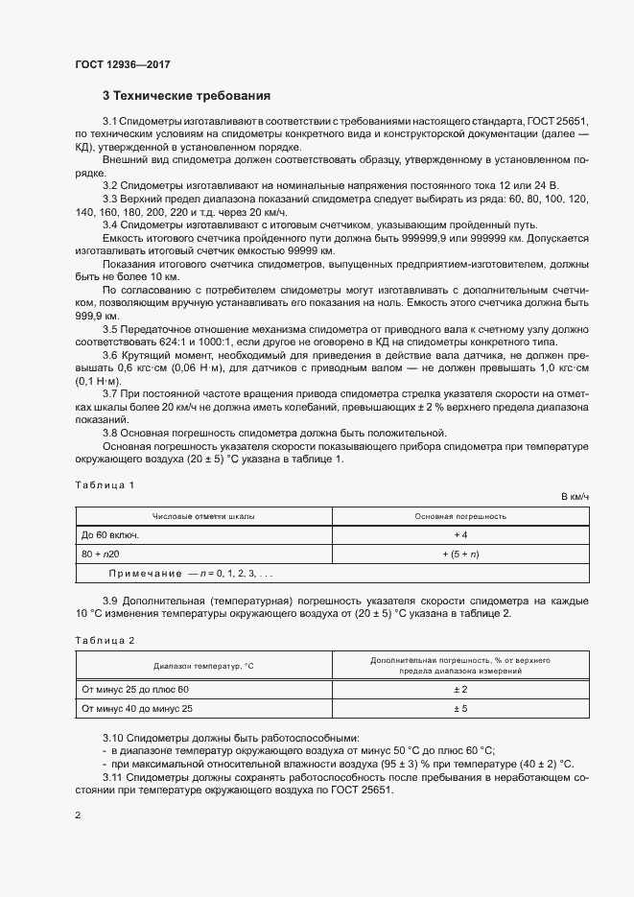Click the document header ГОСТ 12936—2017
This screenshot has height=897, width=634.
(x=123, y=64)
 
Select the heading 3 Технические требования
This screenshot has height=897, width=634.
(x=186, y=96)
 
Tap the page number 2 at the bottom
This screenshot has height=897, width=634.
(x=78, y=815)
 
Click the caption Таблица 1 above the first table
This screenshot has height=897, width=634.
(x=105, y=485)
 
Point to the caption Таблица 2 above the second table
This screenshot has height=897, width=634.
(x=105, y=639)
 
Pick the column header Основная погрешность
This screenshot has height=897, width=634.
(x=460, y=516)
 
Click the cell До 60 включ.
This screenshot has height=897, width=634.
(x=110, y=534)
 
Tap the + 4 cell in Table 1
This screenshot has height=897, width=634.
(x=460, y=534)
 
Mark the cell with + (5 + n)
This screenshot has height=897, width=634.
(x=460, y=554)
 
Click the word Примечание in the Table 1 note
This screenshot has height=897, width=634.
(x=145, y=573)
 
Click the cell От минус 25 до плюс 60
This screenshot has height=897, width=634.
(x=136, y=690)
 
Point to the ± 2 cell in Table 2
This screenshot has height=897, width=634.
(x=460, y=690)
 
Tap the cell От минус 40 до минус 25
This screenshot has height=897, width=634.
(x=137, y=709)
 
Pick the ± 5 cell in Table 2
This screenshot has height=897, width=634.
(x=460, y=709)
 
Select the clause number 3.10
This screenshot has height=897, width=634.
(x=114, y=737)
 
